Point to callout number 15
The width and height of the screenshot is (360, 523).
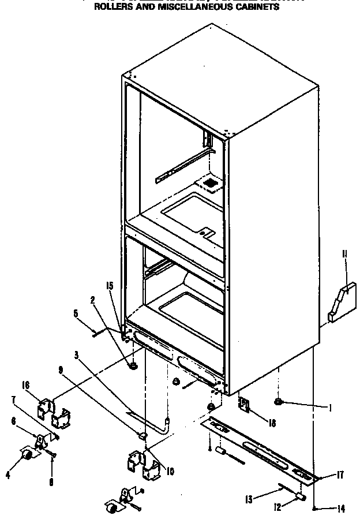(x=110, y=285)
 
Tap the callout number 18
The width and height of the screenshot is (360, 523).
(x=272, y=423)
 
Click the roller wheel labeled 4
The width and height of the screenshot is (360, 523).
(x=25, y=456)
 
